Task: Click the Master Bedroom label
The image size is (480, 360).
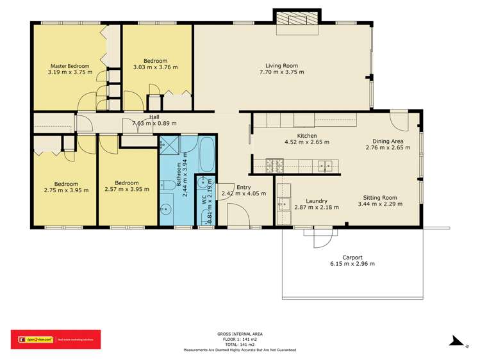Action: [70, 65]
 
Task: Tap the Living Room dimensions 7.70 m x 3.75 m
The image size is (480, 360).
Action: [281, 72]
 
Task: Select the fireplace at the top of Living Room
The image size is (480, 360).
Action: [297, 19]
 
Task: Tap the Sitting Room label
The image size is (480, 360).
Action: [380, 198]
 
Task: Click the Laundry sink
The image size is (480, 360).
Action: [283, 205]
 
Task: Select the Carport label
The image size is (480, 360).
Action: [352, 257]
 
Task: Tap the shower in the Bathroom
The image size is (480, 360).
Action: [170, 145]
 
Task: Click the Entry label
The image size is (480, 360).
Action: [244, 187]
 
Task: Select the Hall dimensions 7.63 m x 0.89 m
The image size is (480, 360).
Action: [154, 124]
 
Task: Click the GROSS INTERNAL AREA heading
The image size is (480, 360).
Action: [240, 334]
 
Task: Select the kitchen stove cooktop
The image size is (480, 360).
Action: [276, 166]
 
